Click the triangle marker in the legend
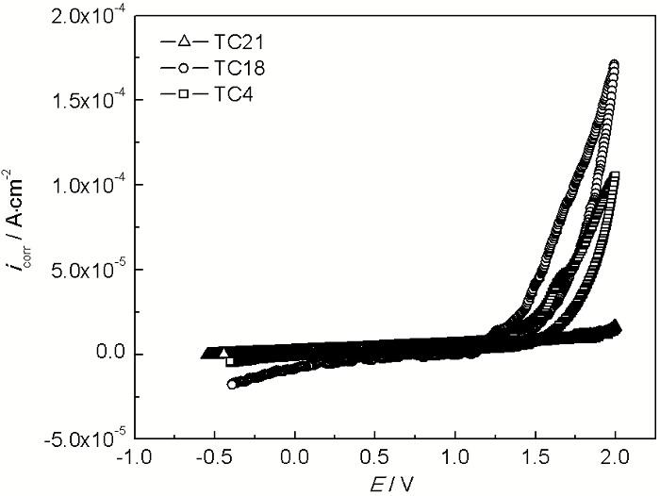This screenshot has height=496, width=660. (x=184, y=41)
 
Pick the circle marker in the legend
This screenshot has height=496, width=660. (x=184, y=68)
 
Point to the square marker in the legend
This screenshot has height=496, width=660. (x=184, y=94)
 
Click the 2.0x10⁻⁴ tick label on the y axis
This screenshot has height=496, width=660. (x=88, y=16)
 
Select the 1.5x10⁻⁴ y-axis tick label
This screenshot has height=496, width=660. (x=88, y=100)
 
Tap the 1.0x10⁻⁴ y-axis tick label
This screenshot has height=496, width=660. (x=88, y=185)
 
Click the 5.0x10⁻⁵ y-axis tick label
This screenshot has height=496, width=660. (x=88, y=270)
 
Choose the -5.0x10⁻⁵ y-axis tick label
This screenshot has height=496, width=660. (x=85, y=438)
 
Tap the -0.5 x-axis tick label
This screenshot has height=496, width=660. (x=216, y=457)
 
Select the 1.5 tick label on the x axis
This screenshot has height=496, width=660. (x=536, y=457)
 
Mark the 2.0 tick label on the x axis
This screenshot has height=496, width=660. (x=616, y=457)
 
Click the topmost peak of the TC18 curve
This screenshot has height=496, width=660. (x=615, y=65)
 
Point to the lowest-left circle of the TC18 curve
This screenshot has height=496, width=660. (x=232, y=384)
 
